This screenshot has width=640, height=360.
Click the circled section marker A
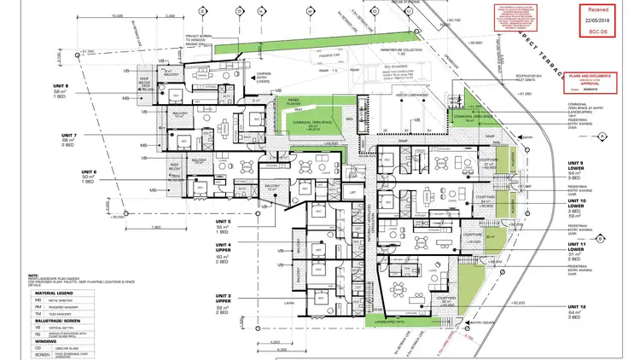click(601, 136)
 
